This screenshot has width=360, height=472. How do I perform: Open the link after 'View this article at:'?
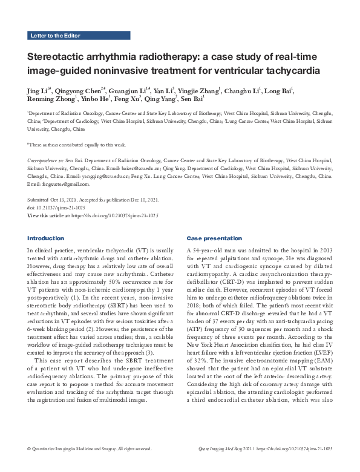coord(115,214)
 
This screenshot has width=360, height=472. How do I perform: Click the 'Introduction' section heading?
coord(45,238)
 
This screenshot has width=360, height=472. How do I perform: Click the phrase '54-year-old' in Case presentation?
coord(208,249)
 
